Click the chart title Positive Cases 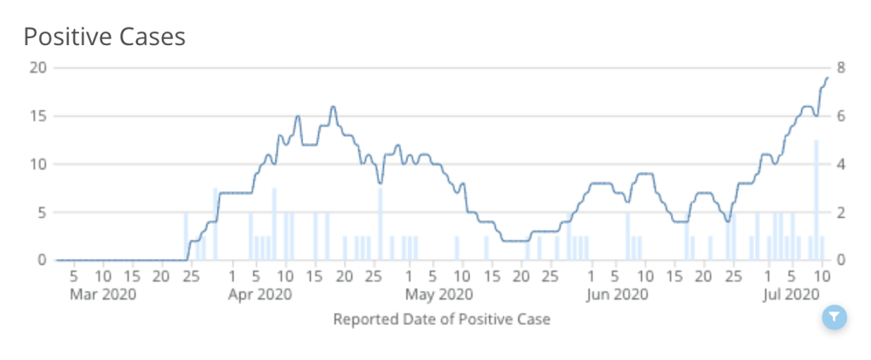pos(104,37)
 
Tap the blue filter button pos(834,317)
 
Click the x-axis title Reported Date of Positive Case pos(441,320)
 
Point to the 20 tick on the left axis pos(37,68)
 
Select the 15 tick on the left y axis pos(37,116)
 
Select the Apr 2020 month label pos(261,294)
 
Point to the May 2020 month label pos(438,294)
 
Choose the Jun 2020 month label pos(617,294)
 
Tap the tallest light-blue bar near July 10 pos(816,199)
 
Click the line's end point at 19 pos(827,78)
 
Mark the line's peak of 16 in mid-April pos(333,107)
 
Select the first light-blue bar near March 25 pos(186,236)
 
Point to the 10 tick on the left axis pos(37,164)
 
